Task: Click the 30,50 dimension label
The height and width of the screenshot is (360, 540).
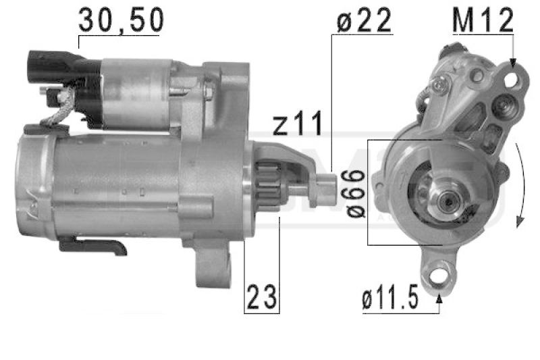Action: pyautogui.click(x=121, y=20)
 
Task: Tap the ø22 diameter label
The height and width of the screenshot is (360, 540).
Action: pyautogui.click(x=364, y=20)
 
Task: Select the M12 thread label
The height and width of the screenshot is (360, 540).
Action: pyautogui.click(x=483, y=20)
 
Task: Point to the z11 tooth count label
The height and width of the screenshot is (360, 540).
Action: pyautogui.click(x=298, y=123)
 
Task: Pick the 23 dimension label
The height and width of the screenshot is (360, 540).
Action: pyautogui.click(x=262, y=297)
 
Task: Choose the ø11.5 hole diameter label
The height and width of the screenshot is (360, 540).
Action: pyautogui.click(x=390, y=297)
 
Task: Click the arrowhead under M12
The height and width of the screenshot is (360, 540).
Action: pyautogui.click(x=513, y=62)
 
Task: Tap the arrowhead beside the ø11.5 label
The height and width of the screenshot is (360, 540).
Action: pyautogui.click(x=439, y=299)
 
